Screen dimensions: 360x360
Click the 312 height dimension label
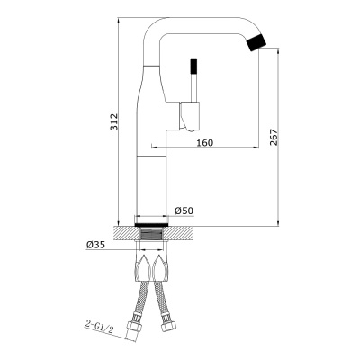[x=114, y=122]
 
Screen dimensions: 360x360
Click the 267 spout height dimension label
[x=274, y=138]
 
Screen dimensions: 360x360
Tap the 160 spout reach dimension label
[x=205, y=143]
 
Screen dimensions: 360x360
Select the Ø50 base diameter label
[x=184, y=211]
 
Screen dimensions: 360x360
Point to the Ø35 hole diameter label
[x=95, y=245]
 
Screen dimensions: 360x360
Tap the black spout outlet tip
[x=256, y=42]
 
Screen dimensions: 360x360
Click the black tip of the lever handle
[x=193, y=67]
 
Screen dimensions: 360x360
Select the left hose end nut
[x=134, y=326]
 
